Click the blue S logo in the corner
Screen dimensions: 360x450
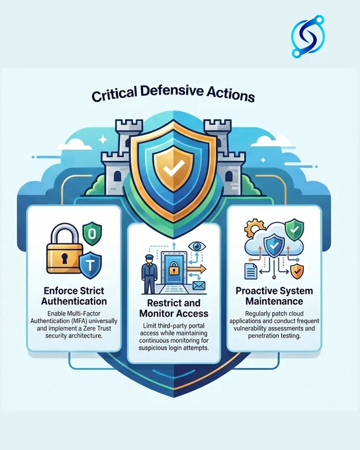tap(308, 36)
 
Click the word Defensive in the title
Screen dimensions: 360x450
tap(172, 92)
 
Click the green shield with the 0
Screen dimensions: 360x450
tap(92, 234)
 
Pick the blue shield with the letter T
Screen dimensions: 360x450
tap(90, 265)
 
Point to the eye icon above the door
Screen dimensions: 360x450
tap(197, 246)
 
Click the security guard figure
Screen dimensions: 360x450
tap(150, 274)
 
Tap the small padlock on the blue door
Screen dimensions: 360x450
tap(173, 269)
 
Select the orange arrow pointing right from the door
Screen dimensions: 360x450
tap(196, 269)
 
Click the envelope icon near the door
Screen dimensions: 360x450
tap(199, 286)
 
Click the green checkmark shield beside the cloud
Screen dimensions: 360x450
tap(294, 230)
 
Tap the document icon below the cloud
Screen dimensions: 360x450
tap(251, 271)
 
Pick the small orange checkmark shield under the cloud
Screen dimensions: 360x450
tap(297, 271)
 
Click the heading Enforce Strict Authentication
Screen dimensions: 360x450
tap(73, 296)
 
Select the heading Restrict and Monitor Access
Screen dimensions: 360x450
tap(173, 308)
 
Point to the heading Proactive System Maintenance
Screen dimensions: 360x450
tap(274, 296)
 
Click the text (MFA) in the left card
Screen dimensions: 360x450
tap(75, 321)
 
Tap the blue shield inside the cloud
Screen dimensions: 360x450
tap(274, 245)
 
